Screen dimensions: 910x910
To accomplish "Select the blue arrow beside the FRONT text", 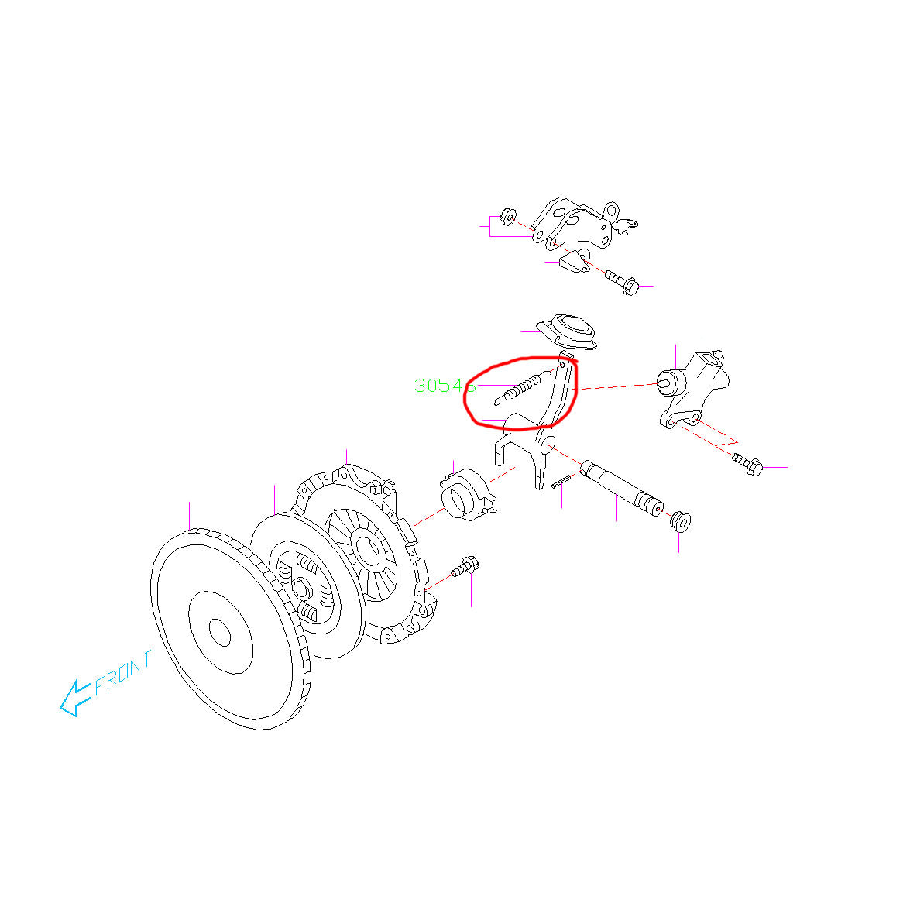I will pyautogui.click(x=75, y=696).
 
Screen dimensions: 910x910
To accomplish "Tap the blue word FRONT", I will pyautogui.click(x=124, y=673).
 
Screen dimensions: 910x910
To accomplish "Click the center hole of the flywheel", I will pyautogui.click(x=221, y=634).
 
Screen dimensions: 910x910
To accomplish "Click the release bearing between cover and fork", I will pyautogui.click(x=465, y=496).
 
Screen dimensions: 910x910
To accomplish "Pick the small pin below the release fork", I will pyautogui.click(x=562, y=481).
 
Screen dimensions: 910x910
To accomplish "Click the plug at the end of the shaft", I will pyautogui.click(x=681, y=520).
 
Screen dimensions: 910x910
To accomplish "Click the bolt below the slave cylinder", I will pyautogui.click(x=747, y=464).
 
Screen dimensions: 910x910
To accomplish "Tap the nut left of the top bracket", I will pyautogui.click(x=508, y=215).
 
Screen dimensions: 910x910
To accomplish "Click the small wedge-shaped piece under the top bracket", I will pyautogui.click(x=572, y=263).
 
